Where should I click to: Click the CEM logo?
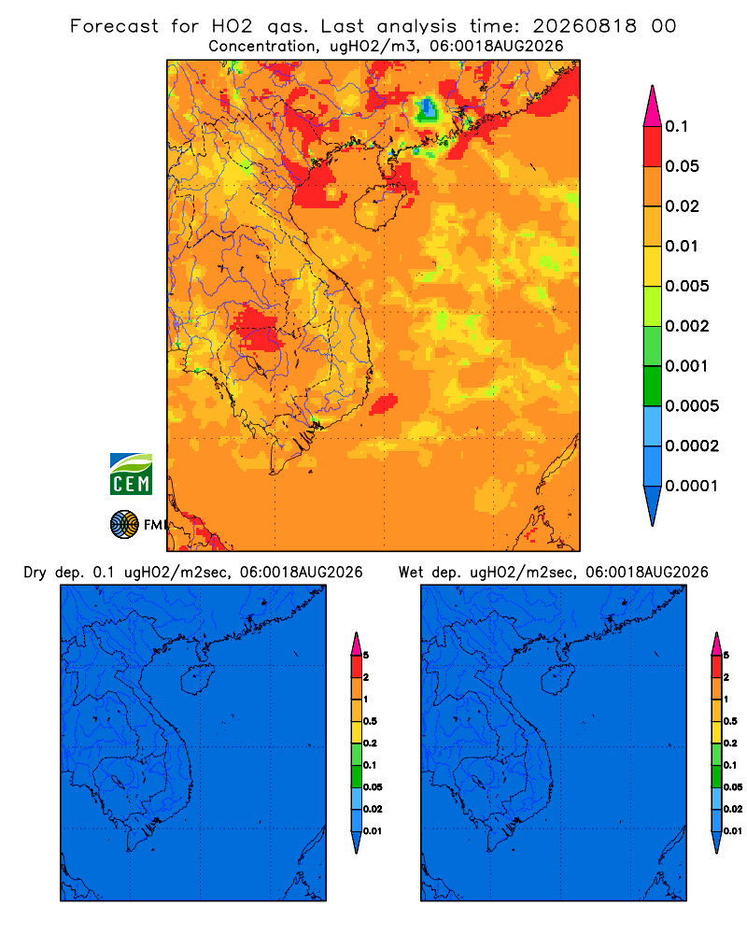pyautogui.click(x=131, y=474)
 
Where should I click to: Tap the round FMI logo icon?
pyautogui.click(x=124, y=524)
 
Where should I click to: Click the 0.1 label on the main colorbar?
pyautogui.click(x=677, y=126)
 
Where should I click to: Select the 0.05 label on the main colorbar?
pyautogui.click(x=682, y=166)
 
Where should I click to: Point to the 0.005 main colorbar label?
pyautogui.click(x=687, y=286)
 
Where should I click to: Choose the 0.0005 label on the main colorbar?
pyautogui.click(x=692, y=405)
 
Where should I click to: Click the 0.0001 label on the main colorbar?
pyautogui.click(x=692, y=486)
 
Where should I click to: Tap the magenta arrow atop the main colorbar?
pyautogui.click(x=653, y=106)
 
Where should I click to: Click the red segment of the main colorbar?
pyautogui.click(x=653, y=147)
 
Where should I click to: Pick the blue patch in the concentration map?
pyautogui.click(x=427, y=109)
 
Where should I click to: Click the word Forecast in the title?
pyautogui.click(x=114, y=26)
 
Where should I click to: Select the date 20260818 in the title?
pyautogui.click(x=585, y=26)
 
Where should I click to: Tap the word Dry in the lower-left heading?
pyautogui.click(x=35, y=573)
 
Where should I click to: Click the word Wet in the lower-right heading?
pyautogui.click(x=411, y=573)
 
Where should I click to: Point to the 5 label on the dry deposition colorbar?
pyautogui.click(x=366, y=656)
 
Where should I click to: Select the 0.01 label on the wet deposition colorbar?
pyautogui.click(x=733, y=831)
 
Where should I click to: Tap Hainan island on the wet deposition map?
pyautogui.click(x=557, y=679)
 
